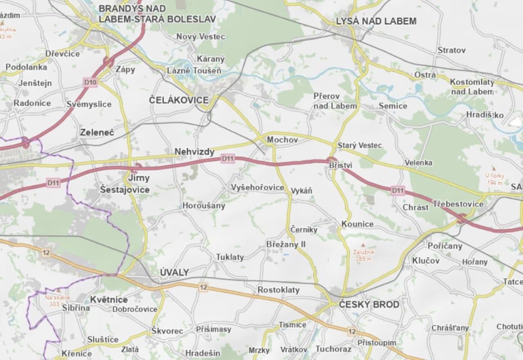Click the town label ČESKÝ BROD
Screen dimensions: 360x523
click(x=369, y=305)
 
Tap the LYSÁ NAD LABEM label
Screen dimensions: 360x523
click(x=376, y=21)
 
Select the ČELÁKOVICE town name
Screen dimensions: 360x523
click(x=179, y=100)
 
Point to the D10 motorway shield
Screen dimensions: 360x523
click(x=90, y=82)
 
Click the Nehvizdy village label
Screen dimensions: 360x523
click(x=194, y=152)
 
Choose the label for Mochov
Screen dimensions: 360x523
click(x=282, y=140)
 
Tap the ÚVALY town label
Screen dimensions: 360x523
click(x=175, y=272)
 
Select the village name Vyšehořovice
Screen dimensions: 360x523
click(x=257, y=187)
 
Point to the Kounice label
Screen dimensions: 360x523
click(x=357, y=224)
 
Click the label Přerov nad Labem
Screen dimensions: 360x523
click(x=335, y=101)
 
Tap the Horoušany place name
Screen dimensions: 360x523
click(x=203, y=206)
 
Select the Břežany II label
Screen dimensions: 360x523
click(x=286, y=244)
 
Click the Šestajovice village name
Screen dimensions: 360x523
click(x=125, y=190)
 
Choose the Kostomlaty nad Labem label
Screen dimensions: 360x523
click(x=472, y=87)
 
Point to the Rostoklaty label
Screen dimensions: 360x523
click(x=278, y=290)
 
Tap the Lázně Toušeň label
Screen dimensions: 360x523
click(x=194, y=71)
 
